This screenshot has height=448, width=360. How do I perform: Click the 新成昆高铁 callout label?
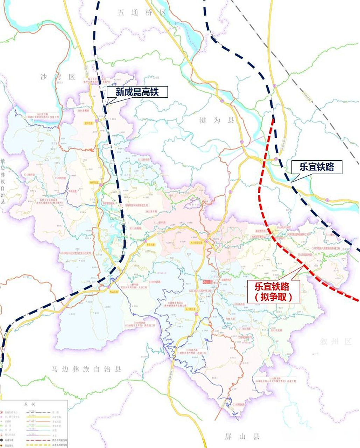point(137,92)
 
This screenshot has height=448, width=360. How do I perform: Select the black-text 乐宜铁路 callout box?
point(316,167)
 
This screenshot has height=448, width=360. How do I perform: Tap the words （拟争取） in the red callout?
point(274,297)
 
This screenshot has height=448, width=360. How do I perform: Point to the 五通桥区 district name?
point(141,13)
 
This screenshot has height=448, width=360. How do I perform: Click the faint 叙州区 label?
point(335,342)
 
